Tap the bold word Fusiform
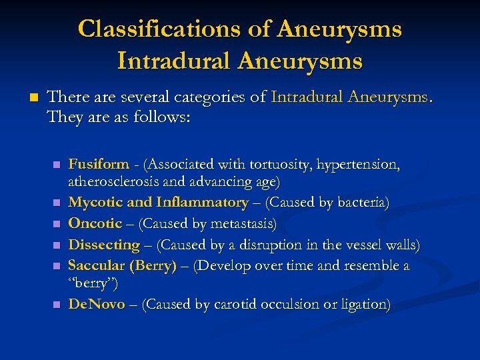coord(99,164)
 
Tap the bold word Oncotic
coord(95,223)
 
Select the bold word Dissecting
coord(104,245)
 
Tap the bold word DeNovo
coord(97,305)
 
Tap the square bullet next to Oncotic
coord(58,224)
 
